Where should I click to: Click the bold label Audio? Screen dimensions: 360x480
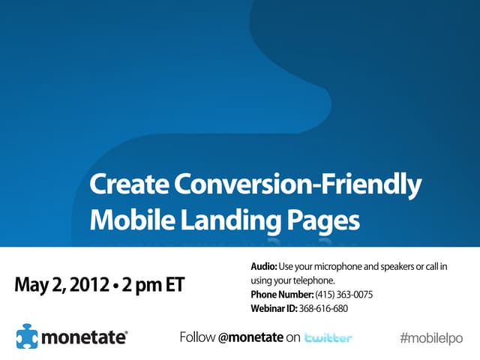(264, 267)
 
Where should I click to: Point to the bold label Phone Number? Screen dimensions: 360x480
(281, 294)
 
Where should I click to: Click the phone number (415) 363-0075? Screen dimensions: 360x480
(343, 294)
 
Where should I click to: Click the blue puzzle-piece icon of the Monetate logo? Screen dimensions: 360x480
(28, 337)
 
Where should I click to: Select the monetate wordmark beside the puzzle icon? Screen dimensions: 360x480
(85, 337)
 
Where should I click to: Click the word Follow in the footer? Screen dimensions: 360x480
(197, 337)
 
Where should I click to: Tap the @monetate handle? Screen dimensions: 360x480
(250, 337)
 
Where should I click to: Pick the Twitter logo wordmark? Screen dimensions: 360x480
(328, 338)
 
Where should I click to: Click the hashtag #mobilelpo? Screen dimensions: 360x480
(431, 337)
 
